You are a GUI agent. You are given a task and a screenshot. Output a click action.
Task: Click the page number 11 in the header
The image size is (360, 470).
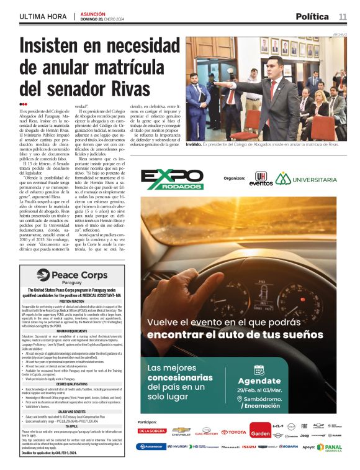coord(343,16)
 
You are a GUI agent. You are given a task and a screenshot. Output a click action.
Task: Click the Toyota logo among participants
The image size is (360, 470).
coord(234,433)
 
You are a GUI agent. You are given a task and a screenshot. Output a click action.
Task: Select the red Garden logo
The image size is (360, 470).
coord(260,433)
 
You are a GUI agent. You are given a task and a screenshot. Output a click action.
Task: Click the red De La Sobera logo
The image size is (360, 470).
coord(152,431)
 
